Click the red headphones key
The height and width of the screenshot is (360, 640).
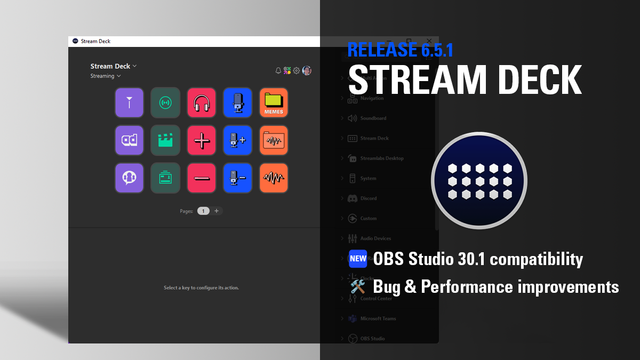point(202,102)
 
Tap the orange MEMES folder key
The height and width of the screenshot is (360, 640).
point(274,102)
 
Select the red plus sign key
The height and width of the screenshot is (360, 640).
point(202,140)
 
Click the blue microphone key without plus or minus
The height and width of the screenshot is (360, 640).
point(237,102)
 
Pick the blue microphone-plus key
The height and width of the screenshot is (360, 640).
point(237,140)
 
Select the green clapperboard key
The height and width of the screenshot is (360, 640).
point(165,140)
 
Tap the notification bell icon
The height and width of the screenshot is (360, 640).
point(278,70)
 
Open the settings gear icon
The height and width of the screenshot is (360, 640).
point(297,70)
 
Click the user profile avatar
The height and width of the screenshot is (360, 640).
point(307,70)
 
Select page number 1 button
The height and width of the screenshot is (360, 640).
point(203,211)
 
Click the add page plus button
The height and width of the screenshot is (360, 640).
point(217,211)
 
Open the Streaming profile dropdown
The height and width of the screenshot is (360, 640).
point(106,76)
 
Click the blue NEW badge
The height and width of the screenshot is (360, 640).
point(358,259)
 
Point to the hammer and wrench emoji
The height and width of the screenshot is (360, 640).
point(358,286)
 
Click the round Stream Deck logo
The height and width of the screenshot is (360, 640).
point(479,180)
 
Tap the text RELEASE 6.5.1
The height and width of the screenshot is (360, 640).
point(400,50)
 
